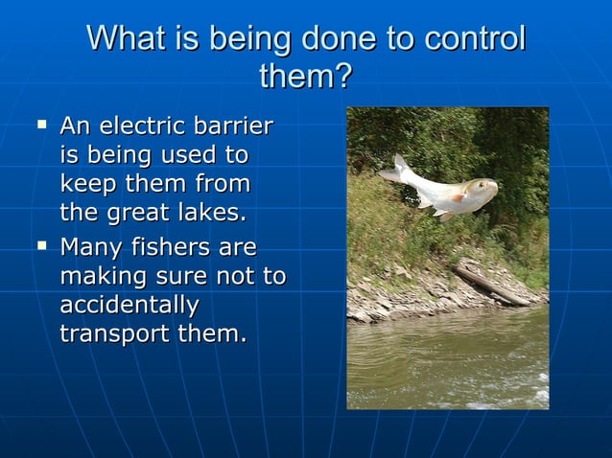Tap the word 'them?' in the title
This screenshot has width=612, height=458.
pyautogui.click(x=306, y=76)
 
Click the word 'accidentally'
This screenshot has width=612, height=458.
pyautogui.click(x=129, y=306)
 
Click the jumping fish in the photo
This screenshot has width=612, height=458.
pyautogui.click(x=441, y=191)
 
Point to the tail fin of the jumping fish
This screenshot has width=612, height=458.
pyautogui.click(x=392, y=171)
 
